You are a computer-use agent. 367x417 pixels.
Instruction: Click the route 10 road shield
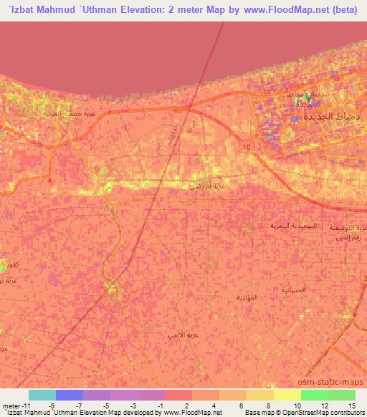click(x=247, y=146)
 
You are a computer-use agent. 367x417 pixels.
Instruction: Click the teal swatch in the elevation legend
click(x=42, y=395)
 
